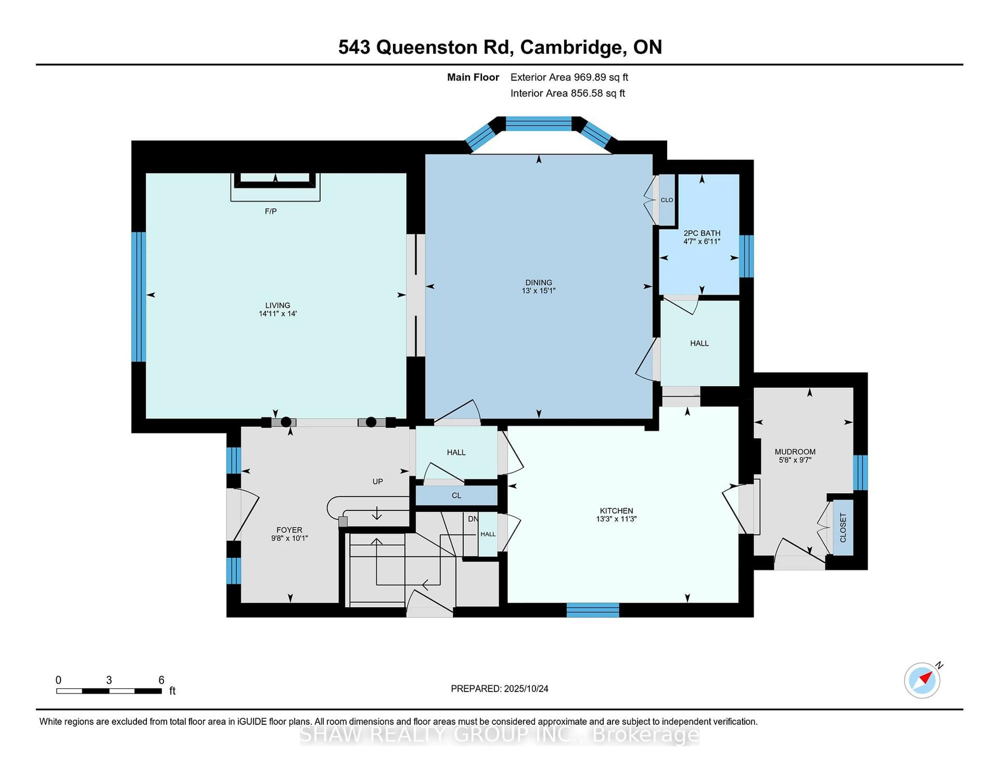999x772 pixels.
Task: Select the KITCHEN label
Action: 616,510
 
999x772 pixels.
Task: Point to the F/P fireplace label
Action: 271,211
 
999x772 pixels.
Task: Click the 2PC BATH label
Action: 702,233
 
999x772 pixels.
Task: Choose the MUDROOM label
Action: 795,451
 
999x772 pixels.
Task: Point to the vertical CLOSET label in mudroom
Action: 843,527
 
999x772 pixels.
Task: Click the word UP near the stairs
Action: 377,481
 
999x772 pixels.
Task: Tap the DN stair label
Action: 472,519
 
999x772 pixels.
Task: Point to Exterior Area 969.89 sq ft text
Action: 569,77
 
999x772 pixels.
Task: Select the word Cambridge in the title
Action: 573,47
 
